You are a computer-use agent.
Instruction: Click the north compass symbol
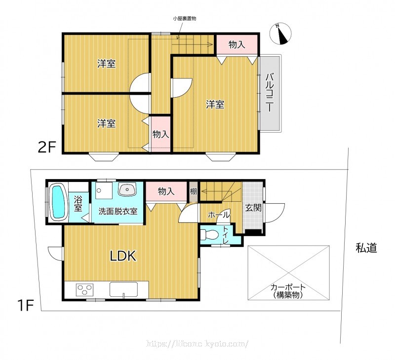click(280, 34)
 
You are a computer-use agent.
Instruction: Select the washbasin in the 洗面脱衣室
click(127, 189)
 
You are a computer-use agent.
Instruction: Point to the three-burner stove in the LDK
click(84, 290)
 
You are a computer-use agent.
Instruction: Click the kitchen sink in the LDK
click(123, 289)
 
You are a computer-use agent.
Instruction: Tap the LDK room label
click(123, 256)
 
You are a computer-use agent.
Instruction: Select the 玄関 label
click(253, 208)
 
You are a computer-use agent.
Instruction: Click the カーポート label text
click(288, 287)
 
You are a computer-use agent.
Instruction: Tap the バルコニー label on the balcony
click(270, 92)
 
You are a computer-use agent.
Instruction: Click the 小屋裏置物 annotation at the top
click(184, 18)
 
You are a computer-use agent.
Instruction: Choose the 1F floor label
click(26, 305)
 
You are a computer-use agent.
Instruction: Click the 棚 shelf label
click(193, 191)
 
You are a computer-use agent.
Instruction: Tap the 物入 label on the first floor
click(166, 191)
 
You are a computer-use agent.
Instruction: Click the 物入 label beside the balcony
click(237, 44)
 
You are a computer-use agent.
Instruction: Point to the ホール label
click(219, 215)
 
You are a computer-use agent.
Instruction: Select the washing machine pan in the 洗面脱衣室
click(104, 190)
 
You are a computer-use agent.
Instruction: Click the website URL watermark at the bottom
click(197, 343)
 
